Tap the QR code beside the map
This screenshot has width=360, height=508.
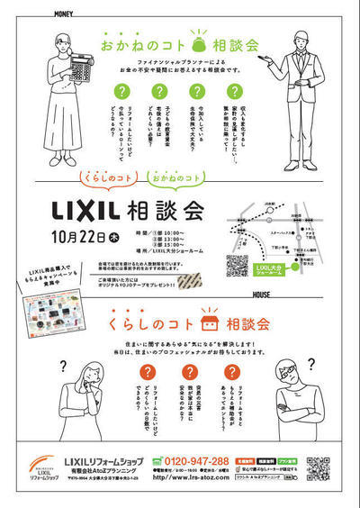[x=236, y=265]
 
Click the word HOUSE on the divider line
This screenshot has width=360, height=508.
[x=263, y=295]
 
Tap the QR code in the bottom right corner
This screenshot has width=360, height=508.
[x=319, y=467]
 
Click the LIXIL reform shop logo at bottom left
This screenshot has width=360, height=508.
[x=38, y=467]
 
